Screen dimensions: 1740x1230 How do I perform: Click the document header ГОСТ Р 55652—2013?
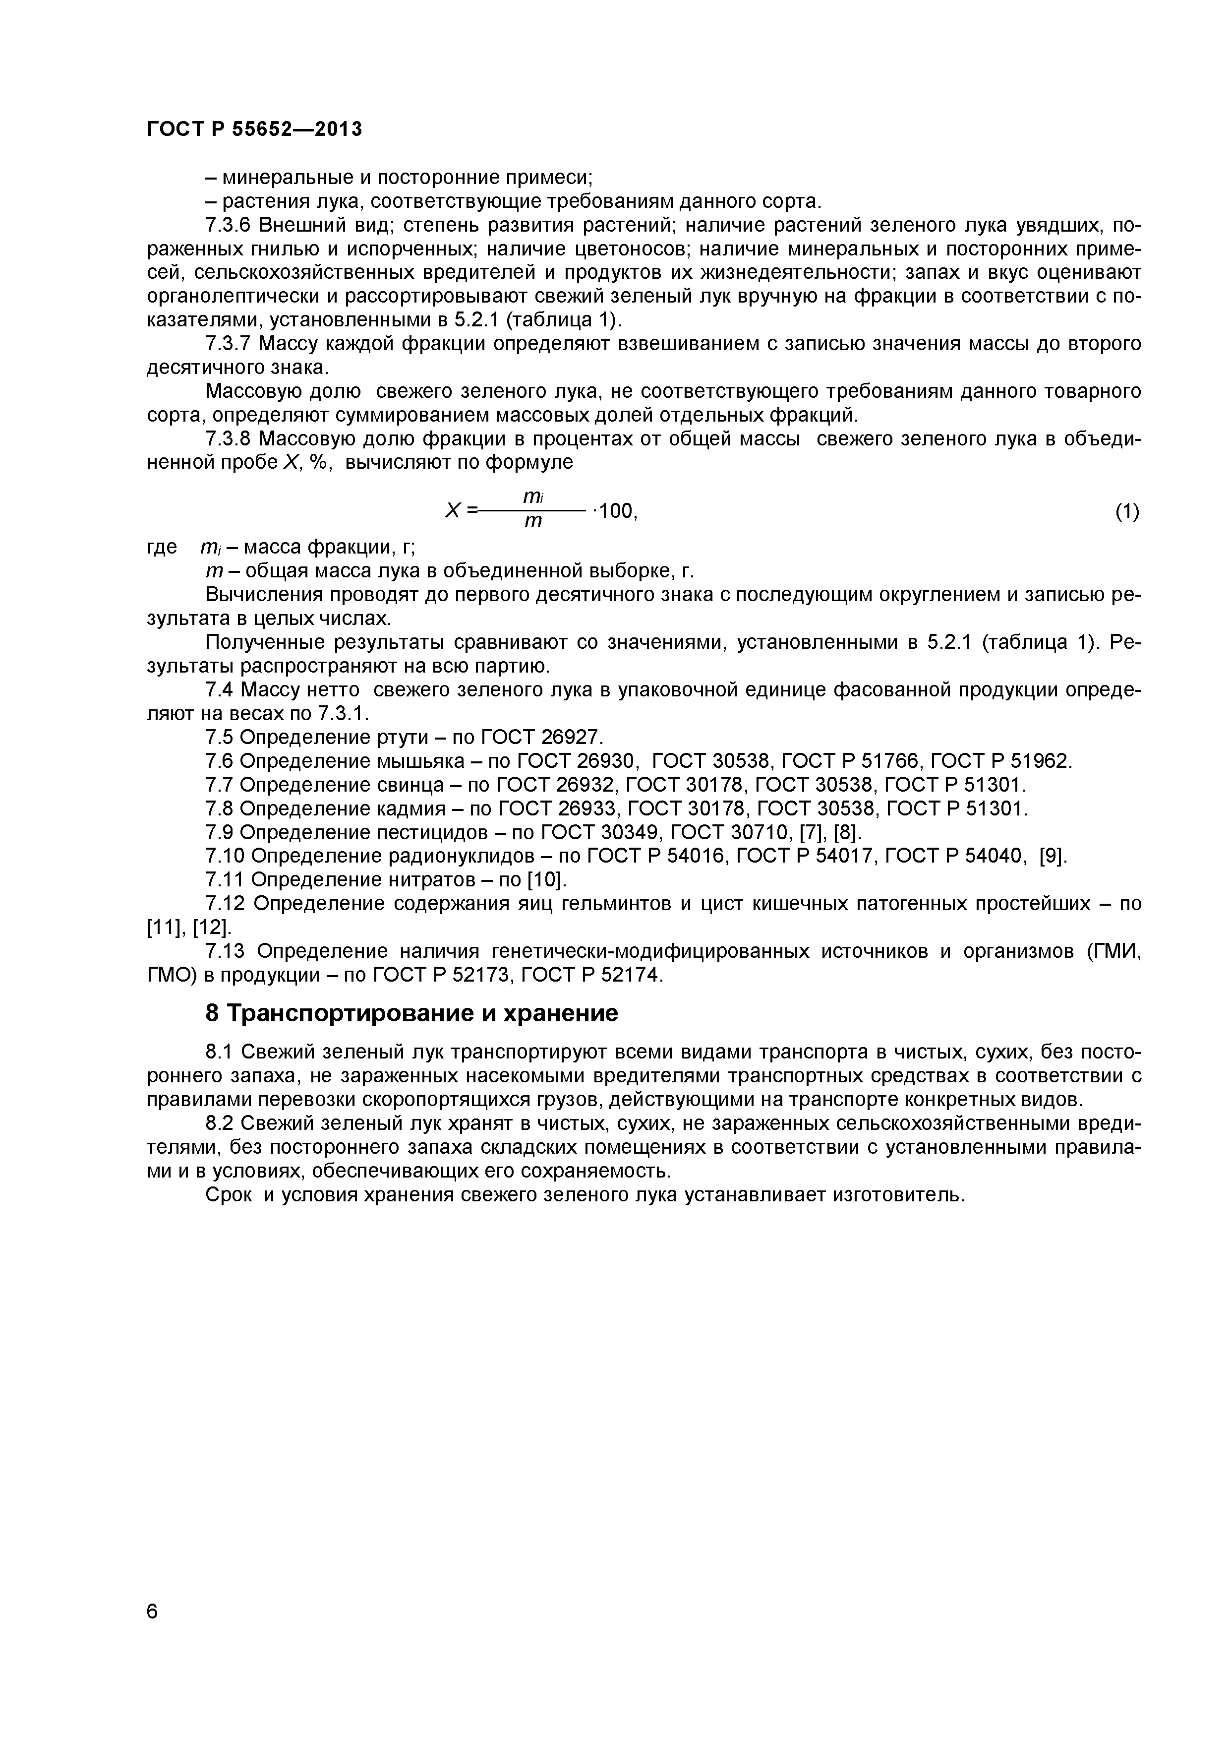pyautogui.click(x=254, y=129)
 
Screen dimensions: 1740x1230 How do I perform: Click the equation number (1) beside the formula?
pyautogui.click(x=1126, y=512)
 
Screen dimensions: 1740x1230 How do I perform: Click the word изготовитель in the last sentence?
pyautogui.click(x=897, y=1195)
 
